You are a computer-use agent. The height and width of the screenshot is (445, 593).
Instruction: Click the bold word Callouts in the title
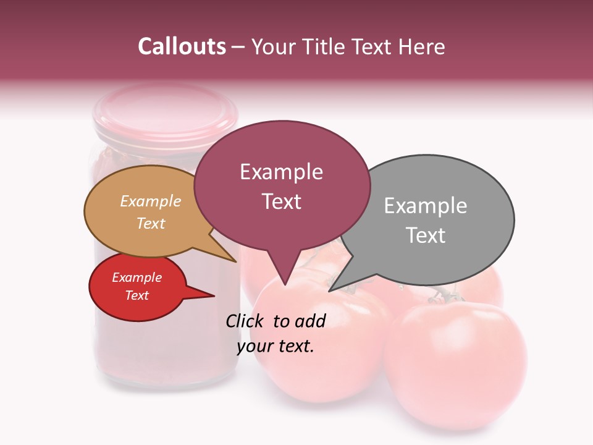coord(182,46)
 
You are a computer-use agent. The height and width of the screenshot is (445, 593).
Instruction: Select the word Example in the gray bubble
coord(426,206)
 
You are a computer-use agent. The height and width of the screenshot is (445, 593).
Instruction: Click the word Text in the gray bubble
coord(426,235)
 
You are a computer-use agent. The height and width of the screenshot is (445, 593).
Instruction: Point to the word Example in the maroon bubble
coord(281,172)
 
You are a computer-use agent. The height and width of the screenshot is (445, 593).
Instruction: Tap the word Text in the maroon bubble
coord(281,201)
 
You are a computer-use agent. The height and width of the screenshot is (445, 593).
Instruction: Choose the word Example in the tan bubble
coord(151,201)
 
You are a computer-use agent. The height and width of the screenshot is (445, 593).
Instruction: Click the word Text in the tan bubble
coord(151,223)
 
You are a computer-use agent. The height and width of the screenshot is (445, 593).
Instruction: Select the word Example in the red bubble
coord(137,278)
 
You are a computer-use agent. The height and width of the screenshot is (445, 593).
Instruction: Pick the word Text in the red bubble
coord(137,295)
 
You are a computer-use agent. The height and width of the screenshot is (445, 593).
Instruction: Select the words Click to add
coord(275,321)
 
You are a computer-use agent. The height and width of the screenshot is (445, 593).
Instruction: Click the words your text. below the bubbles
coord(275,346)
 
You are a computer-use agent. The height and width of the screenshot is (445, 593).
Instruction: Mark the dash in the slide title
coord(238,47)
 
